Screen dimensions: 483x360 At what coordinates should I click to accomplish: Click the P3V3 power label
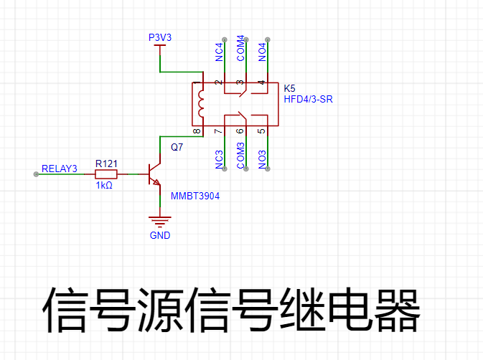[x=160, y=37]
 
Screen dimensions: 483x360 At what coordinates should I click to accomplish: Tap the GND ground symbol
[x=160, y=221]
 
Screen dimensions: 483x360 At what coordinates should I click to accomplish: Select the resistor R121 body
[x=106, y=174]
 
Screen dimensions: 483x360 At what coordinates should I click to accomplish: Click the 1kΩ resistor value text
[x=104, y=185]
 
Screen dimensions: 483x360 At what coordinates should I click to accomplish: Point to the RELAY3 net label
[x=59, y=169]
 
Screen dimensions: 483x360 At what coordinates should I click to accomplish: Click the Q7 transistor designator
[x=177, y=147]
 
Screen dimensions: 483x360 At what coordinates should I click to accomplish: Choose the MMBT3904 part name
[x=195, y=196]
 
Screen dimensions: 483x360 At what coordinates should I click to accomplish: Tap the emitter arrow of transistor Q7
[x=156, y=182]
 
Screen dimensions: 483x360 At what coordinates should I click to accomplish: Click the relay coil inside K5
[x=201, y=104]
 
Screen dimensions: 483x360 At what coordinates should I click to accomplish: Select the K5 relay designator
[x=289, y=88]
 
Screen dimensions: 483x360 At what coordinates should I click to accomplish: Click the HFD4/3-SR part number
[x=308, y=99]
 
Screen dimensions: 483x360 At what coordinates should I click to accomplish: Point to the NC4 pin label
[x=219, y=52]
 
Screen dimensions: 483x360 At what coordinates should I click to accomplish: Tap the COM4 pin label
[x=240, y=48]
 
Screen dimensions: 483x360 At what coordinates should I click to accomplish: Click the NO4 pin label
[x=262, y=52]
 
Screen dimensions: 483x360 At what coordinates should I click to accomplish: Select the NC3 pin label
[x=219, y=159]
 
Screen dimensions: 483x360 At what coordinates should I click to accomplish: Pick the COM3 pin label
[x=240, y=156]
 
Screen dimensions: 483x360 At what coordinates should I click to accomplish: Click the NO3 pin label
[x=262, y=159]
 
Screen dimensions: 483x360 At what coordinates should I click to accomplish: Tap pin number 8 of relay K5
[x=197, y=131]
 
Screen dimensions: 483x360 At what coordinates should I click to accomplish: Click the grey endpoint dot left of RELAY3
[x=36, y=174]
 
